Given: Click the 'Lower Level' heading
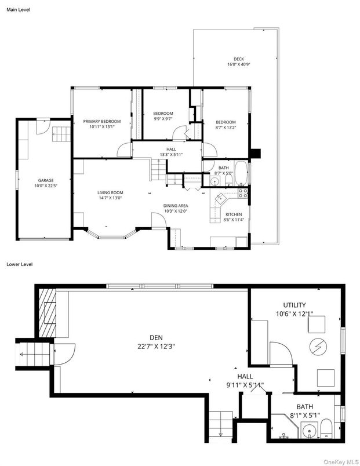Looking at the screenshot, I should (20, 264).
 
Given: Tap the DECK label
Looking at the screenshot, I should (238, 59).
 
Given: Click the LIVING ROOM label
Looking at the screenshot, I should (110, 193).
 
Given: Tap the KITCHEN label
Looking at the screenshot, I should (233, 215).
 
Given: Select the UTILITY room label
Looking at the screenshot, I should (294, 305).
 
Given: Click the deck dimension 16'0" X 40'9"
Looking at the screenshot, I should (238, 64).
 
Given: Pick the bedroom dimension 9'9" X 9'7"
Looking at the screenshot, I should (163, 119).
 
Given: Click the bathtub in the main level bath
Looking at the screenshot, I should (242, 174).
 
